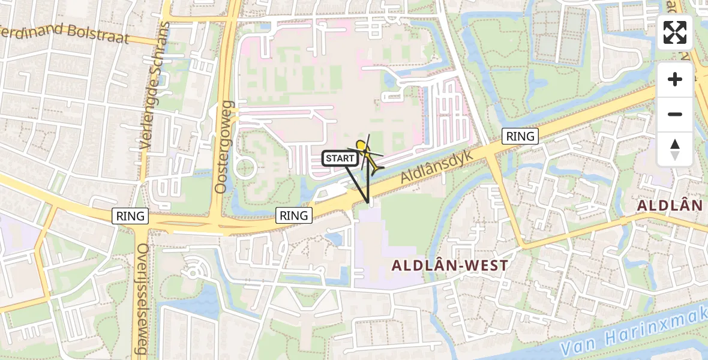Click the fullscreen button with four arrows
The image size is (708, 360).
pyautogui.click(x=675, y=32)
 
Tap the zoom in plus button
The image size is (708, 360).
pyautogui.click(x=675, y=79)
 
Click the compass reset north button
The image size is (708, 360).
pyautogui.click(x=675, y=149)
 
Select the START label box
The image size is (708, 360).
pyautogui.click(x=340, y=158)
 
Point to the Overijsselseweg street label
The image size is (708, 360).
pyautogui.click(x=142, y=300)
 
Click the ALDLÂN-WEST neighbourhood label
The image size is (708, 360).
pyautogui.click(x=450, y=265)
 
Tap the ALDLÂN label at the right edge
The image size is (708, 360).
pyautogui.click(x=670, y=206)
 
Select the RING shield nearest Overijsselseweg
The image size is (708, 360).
pyautogui.click(x=131, y=216)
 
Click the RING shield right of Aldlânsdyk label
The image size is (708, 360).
pyautogui.click(x=520, y=136)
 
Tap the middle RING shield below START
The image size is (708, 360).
pyautogui.click(x=294, y=215)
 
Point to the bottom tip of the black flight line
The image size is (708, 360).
pyautogui.click(x=367, y=203)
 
